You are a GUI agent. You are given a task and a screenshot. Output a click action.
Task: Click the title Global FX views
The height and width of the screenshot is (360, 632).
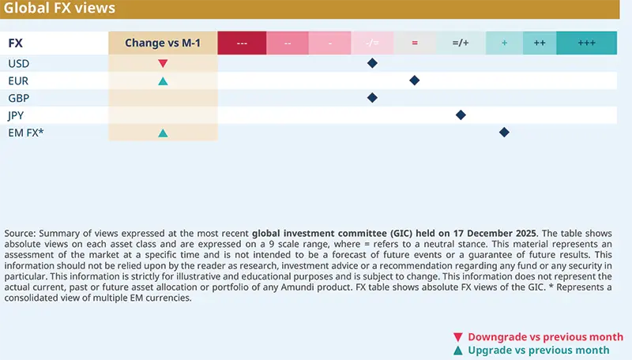[60, 9]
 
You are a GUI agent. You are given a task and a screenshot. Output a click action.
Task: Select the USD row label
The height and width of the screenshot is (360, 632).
[19, 63]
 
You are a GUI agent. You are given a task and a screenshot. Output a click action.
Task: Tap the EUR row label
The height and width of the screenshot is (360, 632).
[18, 81]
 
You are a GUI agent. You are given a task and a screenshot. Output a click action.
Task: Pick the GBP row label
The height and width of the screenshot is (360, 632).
[18, 98]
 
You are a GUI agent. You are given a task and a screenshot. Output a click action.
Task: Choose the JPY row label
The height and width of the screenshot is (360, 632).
[17, 115]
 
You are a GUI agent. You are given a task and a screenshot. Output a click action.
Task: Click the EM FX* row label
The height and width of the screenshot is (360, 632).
[24, 133]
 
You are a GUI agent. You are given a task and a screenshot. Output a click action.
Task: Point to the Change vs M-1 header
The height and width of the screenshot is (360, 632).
[162, 43]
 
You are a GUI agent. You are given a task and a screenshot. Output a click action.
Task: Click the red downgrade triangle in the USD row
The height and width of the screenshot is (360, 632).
[162, 63]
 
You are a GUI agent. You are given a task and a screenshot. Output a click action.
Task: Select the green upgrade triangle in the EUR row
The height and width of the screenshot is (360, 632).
[162, 81]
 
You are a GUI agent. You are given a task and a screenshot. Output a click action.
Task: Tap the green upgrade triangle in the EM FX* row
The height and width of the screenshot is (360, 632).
[162, 133]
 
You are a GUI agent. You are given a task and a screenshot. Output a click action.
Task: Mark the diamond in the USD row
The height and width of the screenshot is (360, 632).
[372, 63]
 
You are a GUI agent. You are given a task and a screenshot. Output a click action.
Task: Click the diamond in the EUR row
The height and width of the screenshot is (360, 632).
[415, 81]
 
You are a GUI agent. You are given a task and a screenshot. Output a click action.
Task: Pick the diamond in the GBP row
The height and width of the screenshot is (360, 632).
[372, 98]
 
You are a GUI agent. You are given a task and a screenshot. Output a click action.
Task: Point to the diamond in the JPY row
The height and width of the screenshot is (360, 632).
[461, 115]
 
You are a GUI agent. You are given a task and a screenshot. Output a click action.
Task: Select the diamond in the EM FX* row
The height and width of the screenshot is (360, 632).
[504, 133]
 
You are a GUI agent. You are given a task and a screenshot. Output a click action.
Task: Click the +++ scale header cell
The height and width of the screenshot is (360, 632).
[586, 43]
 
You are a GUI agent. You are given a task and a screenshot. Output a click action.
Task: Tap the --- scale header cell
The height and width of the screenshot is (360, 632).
[242, 43]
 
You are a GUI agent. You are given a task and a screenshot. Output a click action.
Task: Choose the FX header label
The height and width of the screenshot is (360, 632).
[14, 43]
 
